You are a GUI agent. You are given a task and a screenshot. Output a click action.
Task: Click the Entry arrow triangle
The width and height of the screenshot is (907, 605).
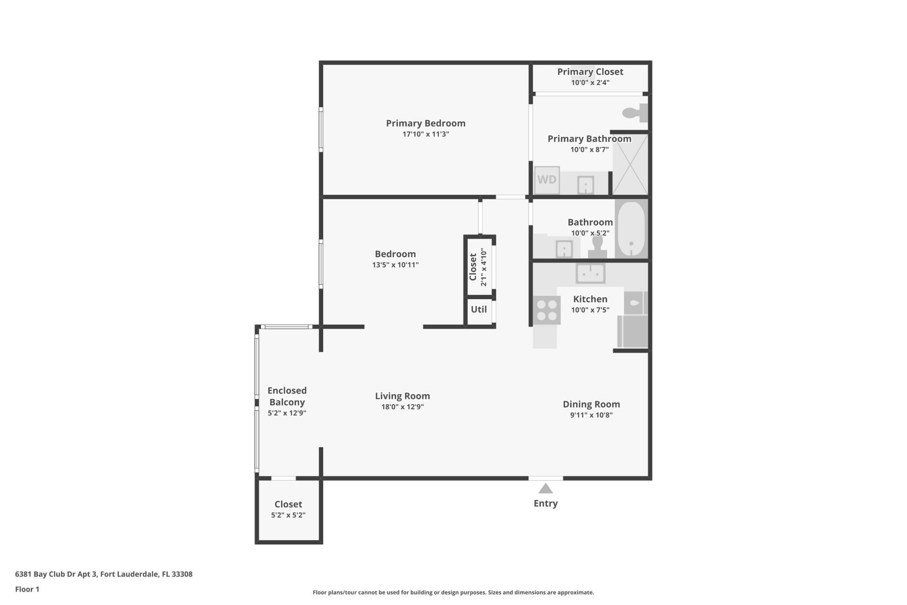coord(546,489)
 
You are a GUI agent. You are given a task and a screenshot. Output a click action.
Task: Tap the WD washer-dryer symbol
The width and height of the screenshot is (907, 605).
coord(547,180)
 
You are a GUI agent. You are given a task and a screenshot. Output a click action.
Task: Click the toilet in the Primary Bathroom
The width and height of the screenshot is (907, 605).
coord(634,113)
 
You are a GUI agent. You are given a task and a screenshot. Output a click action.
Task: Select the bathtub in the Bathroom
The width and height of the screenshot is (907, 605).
coord(631,229)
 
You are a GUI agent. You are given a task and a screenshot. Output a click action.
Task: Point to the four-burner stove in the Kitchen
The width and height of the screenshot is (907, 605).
coord(547,310)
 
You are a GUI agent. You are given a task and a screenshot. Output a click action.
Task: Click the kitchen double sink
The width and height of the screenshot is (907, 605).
coord(590,273)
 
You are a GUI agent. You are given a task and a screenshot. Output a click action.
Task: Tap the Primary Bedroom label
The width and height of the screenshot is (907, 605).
coord(426,123)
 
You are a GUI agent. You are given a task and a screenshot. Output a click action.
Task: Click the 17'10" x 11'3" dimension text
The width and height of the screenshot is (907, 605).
coord(426,134)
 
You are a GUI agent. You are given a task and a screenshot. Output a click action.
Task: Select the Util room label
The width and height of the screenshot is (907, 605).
coord(479,309)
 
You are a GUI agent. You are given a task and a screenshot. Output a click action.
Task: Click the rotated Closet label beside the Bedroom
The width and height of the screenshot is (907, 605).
coord(473,267)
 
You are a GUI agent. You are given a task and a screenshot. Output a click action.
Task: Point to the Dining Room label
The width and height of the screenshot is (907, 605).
coord(591,404)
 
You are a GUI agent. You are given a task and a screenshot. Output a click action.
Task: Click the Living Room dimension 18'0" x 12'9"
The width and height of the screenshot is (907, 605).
coord(402,407)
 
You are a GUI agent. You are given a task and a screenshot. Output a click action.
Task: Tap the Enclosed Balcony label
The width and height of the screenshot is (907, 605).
coord(287,396)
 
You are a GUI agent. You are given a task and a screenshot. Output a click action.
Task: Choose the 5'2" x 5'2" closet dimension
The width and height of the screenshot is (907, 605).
coord(288,515)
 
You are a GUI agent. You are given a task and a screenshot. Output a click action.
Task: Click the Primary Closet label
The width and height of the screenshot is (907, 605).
coord(590,72)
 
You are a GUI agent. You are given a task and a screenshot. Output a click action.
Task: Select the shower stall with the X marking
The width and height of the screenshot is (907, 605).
coord(630,164)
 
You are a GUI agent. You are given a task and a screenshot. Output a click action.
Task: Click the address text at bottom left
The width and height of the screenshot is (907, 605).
coord(103,574)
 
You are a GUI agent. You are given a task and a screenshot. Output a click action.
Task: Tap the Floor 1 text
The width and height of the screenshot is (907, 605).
coord(27,589)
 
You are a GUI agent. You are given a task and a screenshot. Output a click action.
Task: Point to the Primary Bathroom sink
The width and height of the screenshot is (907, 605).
coord(585,185)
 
